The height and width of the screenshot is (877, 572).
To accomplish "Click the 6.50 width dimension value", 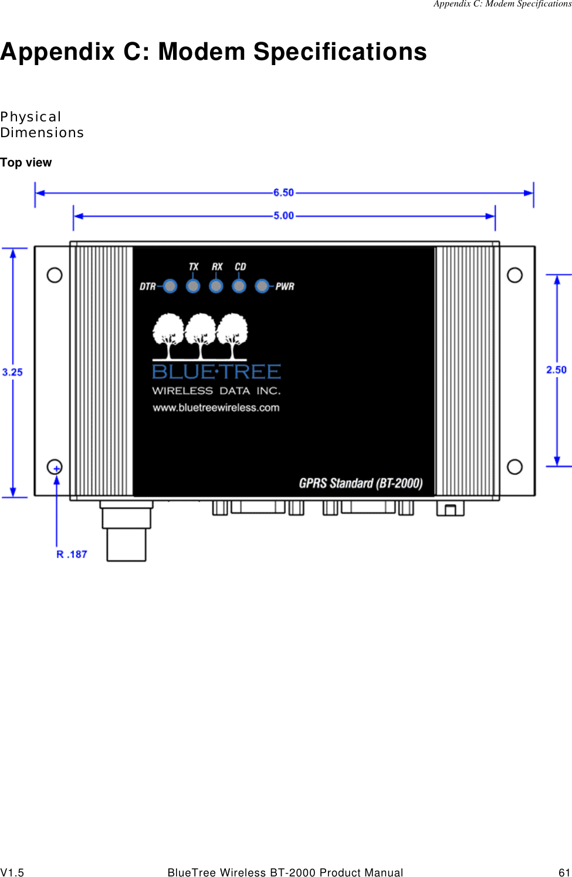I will [x=283, y=192].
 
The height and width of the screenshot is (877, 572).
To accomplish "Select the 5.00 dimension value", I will [x=283, y=216].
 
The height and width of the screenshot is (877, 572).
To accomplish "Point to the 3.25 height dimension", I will [x=12, y=372].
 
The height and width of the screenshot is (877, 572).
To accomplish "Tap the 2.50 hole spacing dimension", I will [x=556, y=370].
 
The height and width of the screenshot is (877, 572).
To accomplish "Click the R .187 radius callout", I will [x=72, y=554].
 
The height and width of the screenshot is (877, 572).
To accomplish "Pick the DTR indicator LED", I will [x=170, y=286].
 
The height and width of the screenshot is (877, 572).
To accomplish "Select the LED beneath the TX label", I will [x=193, y=286].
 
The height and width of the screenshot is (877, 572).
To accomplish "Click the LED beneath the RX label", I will [x=216, y=286].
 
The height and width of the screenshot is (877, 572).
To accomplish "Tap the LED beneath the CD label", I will [x=239, y=286].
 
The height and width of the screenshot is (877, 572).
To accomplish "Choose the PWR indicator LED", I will [x=262, y=286].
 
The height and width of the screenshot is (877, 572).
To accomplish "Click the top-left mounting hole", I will [x=55, y=275].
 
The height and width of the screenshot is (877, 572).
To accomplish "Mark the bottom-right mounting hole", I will [x=515, y=467].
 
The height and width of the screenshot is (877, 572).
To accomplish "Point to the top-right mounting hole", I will [x=515, y=275].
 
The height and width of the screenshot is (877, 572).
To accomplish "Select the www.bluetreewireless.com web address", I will [x=216, y=407].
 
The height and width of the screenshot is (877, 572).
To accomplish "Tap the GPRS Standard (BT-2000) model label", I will [x=360, y=483].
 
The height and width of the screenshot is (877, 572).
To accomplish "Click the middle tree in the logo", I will [x=201, y=335].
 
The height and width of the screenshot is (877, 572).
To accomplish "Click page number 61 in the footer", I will [x=564, y=872].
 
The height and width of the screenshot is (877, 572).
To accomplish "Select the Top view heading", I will [x=26, y=162].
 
